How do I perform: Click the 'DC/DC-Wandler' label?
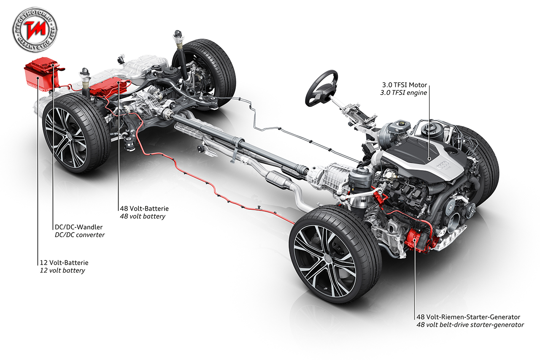tap(78, 227)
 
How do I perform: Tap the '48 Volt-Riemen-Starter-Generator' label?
tap(468, 317)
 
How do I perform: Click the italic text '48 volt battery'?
tap(143, 217)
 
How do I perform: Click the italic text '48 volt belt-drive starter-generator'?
tap(470, 325)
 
